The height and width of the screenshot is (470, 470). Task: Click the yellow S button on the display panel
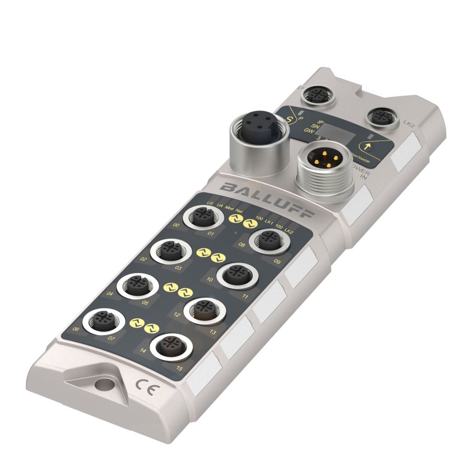click(x=290, y=114)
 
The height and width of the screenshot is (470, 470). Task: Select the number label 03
click(x=178, y=268)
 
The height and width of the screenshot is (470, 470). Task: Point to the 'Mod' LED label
click(x=229, y=207)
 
